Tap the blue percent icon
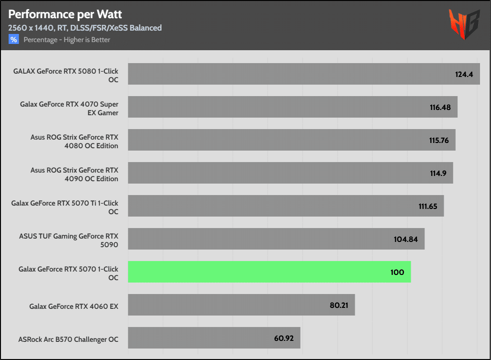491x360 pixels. [13, 40]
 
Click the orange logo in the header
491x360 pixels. [464, 24]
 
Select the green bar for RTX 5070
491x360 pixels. [269, 272]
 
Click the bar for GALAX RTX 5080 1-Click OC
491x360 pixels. [304, 74]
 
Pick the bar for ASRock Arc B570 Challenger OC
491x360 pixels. [214, 338]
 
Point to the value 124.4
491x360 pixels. [464, 75]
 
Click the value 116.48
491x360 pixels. [440, 108]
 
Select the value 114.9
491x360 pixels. [438, 174]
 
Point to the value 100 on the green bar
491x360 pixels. [397, 273]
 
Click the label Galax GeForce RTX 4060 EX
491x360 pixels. [74, 305]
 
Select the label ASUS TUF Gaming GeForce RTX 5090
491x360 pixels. [68, 240]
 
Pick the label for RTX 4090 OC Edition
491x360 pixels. [74, 174]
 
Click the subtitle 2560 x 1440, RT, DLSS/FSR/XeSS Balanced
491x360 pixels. [85, 28]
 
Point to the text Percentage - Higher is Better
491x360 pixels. [67, 40]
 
